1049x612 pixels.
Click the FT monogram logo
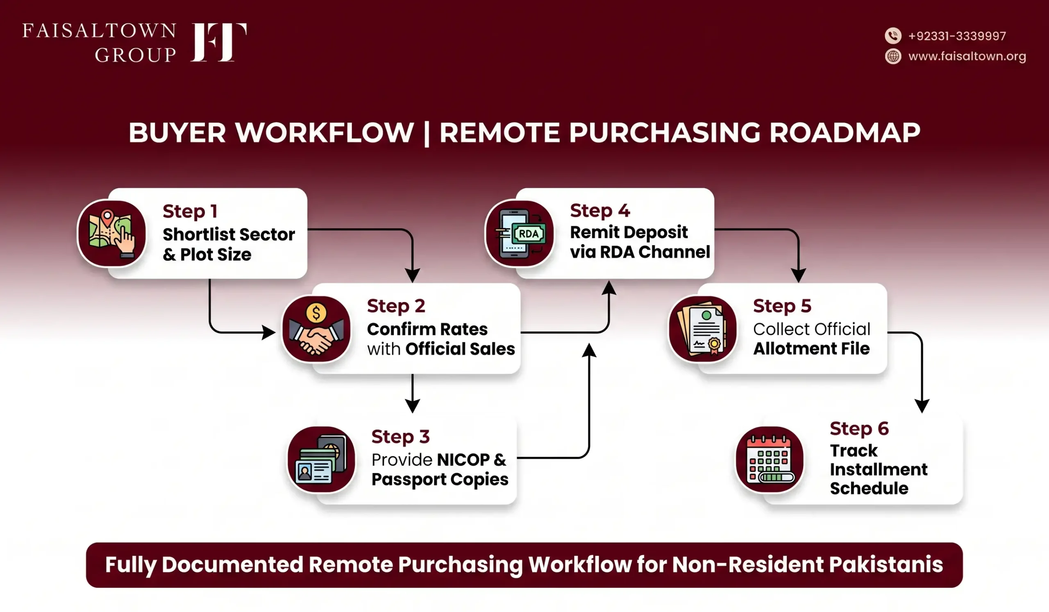click(218, 42)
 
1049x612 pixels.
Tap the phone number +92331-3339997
click(957, 36)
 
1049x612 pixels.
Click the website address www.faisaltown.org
click(967, 56)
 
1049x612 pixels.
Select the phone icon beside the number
click(893, 36)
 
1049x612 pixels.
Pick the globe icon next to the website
click(893, 56)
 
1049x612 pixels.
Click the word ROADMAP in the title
click(845, 133)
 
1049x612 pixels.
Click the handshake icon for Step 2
click(316, 328)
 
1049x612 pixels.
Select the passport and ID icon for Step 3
click(321, 460)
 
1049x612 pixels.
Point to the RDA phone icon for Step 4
click(519, 234)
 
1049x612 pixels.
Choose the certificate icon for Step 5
click(702, 328)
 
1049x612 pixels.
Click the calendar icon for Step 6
click(770, 460)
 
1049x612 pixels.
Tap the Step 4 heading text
click(600, 211)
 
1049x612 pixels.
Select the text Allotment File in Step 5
click(811, 348)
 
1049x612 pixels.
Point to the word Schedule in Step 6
click(869, 488)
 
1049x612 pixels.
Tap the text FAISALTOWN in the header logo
click(100, 31)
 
